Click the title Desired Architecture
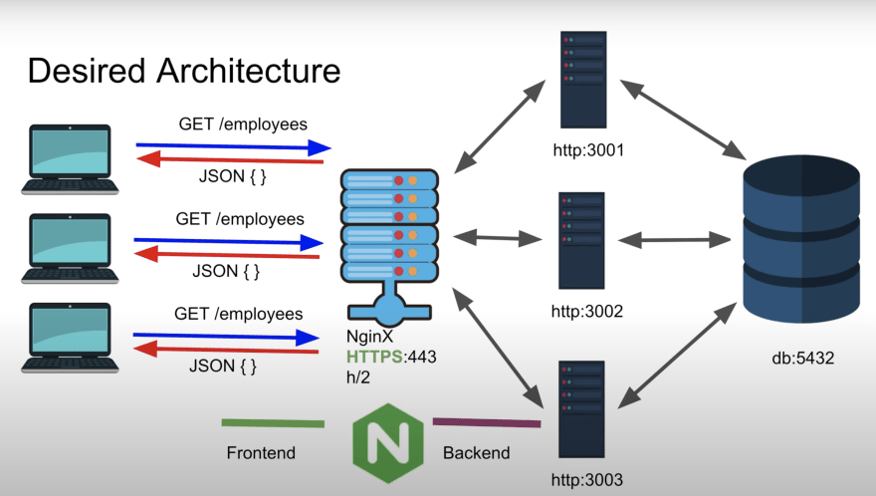pos(183,71)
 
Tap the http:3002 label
pos(587,312)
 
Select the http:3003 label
pos(587,480)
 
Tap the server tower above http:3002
pos(581,240)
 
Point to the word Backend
pos(476,453)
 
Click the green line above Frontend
pos(273,423)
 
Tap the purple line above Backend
pos(486,423)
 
